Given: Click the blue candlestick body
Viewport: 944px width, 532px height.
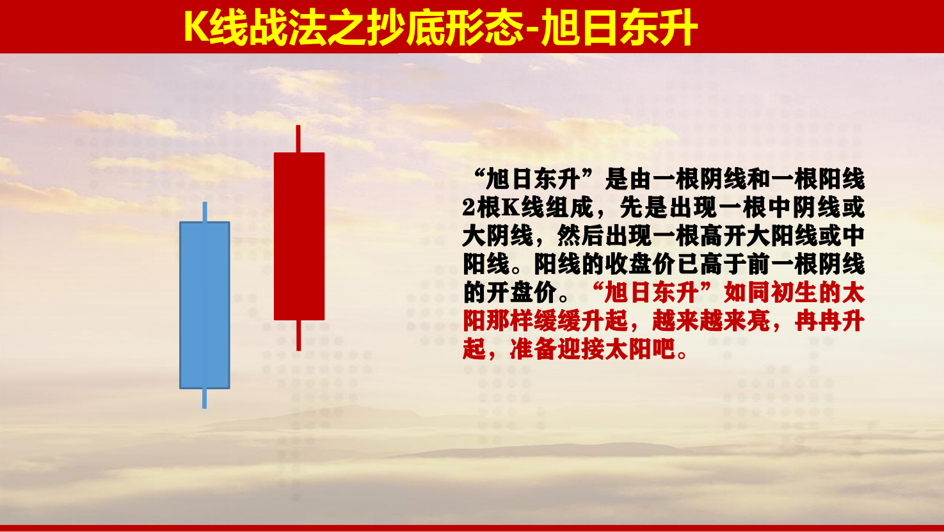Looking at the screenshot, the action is (205, 305).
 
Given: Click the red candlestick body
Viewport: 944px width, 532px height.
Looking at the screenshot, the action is (300, 236).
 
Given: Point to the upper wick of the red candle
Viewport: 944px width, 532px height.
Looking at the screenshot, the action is (298, 139).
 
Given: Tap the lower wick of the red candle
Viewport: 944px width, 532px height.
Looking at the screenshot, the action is (298, 335).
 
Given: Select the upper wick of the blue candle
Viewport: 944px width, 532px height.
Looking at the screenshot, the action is (205, 212).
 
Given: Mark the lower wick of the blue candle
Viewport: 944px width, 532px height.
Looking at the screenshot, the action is (204, 399).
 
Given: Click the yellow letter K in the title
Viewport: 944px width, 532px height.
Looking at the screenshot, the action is (196, 28).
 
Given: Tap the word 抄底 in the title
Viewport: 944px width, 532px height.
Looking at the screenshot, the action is (386, 28).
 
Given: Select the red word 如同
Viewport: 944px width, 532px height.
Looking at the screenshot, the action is (746, 293).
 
